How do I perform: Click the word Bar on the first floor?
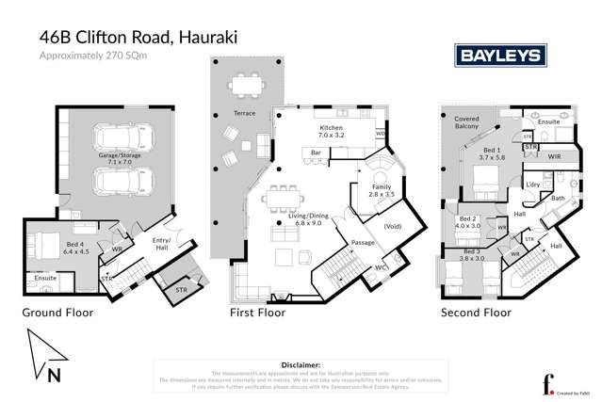tap(317, 152)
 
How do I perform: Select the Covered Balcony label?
tap(468, 123)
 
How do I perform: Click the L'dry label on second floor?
tap(532, 184)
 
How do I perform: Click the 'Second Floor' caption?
tap(477, 312)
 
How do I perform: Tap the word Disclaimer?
tap(301, 362)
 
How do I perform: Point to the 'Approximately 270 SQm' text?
tap(93, 56)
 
